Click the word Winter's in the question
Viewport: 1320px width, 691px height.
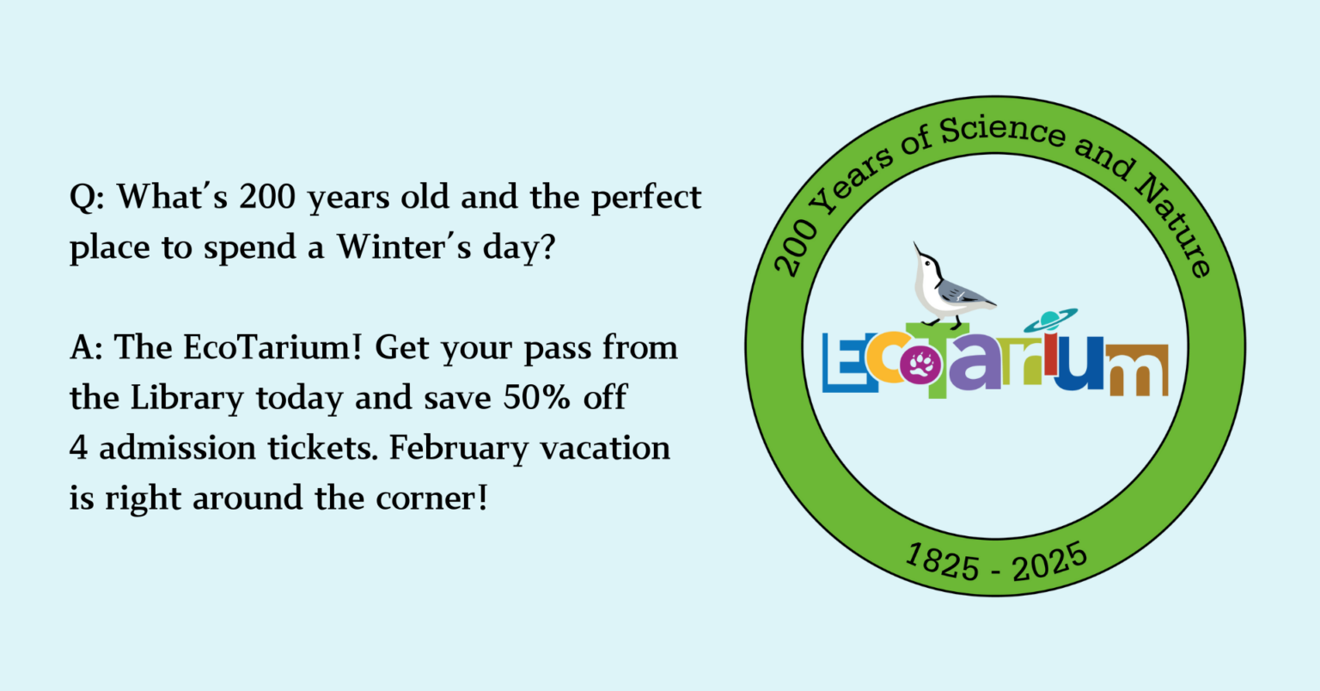pyautogui.click(x=404, y=247)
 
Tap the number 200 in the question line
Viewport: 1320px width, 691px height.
pyautogui.click(x=267, y=196)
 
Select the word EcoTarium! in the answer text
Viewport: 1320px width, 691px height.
pyautogui.click(x=272, y=347)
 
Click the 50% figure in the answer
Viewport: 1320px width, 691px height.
pyautogui.click(x=536, y=397)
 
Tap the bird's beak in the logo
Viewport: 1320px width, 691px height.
pyautogui.click(x=917, y=248)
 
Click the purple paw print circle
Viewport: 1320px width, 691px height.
pyautogui.click(x=920, y=365)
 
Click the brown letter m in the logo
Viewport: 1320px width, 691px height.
pyautogui.click(x=1137, y=370)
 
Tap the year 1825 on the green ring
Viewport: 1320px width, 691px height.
pyautogui.click(x=942, y=563)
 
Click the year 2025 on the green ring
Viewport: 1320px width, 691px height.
pyautogui.click(x=1049, y=562)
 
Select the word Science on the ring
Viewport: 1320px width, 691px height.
pyautogui.click(x=1002, y=131)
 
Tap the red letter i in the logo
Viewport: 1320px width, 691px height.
pyautogui.click(x=1051, y=354)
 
